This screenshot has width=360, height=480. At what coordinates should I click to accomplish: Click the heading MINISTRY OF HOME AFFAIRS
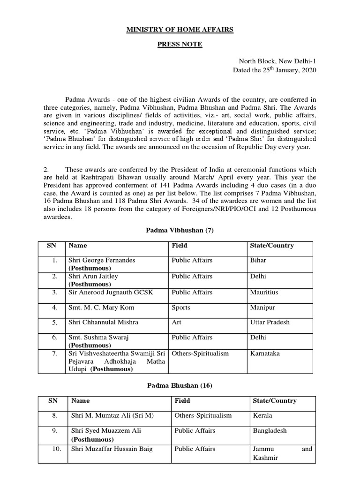pos(180,30)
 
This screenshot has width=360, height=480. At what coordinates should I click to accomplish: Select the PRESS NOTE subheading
pos(180,44)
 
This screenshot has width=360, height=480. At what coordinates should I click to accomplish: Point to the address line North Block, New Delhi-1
pos(278,61)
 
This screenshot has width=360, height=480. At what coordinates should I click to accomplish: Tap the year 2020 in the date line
pos(307,70)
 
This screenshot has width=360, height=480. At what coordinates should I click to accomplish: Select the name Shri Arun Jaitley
pos(93,277)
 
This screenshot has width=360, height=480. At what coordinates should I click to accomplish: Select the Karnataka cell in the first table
pos(266,352)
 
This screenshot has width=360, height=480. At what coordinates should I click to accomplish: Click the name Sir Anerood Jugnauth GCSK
pos(111,292)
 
